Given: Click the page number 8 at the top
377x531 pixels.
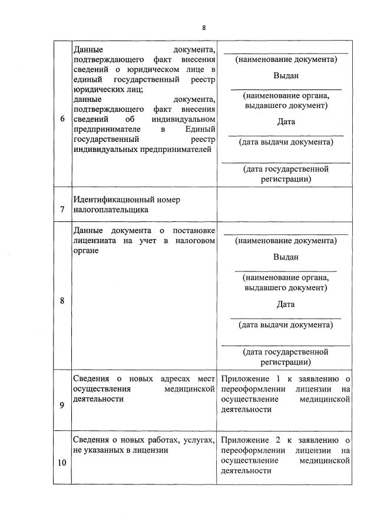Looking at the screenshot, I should [204, 28].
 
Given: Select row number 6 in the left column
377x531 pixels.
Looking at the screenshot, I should [62, 118].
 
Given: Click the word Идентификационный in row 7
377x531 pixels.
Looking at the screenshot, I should [110, 200].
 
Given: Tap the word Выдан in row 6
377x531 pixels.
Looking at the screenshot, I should [286, 76].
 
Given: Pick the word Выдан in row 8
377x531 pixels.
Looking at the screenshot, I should [286, 257].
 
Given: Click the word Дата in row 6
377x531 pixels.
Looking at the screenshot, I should [286, 122].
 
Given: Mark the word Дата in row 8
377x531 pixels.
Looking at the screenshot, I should [286, 304].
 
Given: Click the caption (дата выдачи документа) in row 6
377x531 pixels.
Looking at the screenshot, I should [286, 142].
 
